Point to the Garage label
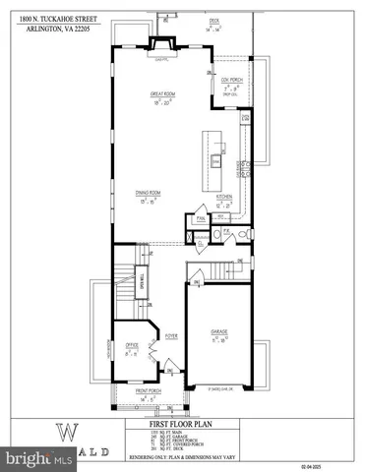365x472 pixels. point(219,333)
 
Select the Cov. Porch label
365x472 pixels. point(230,79)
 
